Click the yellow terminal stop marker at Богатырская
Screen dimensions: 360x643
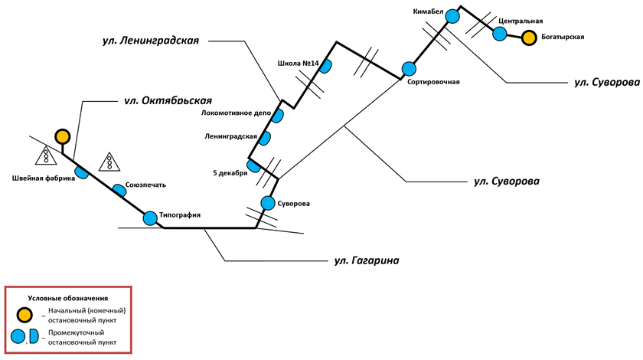[x=529, y=37]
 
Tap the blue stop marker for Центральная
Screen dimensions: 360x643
[x=499, y=34]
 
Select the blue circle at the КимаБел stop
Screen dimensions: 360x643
[x=452, y=15]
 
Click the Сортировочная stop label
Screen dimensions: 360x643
[x=434, y=81]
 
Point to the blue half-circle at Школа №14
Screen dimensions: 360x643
[x=325, y=67]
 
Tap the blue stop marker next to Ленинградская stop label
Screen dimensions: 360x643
[x=265, y=139]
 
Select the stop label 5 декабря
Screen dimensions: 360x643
[x=230, y=173]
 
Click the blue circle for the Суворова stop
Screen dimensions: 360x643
[x=268, y=203]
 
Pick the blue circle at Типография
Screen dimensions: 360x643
[x=150, y=218]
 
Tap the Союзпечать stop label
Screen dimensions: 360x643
[x=145, y=185]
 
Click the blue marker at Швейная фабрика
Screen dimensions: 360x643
[x=81, y=172]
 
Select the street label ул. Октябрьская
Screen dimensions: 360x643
[x=168, y=100]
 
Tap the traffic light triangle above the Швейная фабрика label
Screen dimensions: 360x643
[x=47, y=156]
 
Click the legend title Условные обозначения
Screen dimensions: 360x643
[x=68, y=297]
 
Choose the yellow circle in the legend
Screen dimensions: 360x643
[x=25, y=315]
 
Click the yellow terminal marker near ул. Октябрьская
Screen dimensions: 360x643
[x=62, y=137]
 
